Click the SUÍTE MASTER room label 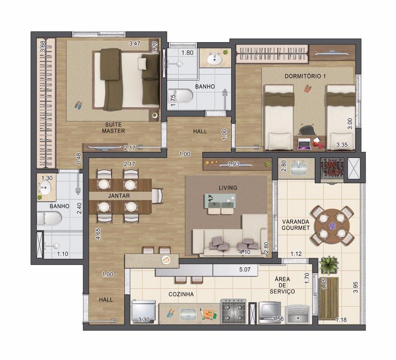coord(113,127)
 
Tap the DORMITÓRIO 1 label coord(305,76)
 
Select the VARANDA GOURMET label coord(296,225)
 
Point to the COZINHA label coord(181,294)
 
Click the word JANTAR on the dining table coord(119,196)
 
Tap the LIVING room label coord(228,187)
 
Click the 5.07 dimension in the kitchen coord(245,270)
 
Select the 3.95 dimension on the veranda coord(356,287)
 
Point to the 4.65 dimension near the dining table coord(98,233)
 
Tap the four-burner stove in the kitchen coord(233,311)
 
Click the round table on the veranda coord(332,225)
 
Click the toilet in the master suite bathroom coord(49,218)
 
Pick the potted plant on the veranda coord(328,265)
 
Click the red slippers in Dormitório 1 coord(308,89)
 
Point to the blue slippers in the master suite coord(78,105)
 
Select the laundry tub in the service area coord(298,314)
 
